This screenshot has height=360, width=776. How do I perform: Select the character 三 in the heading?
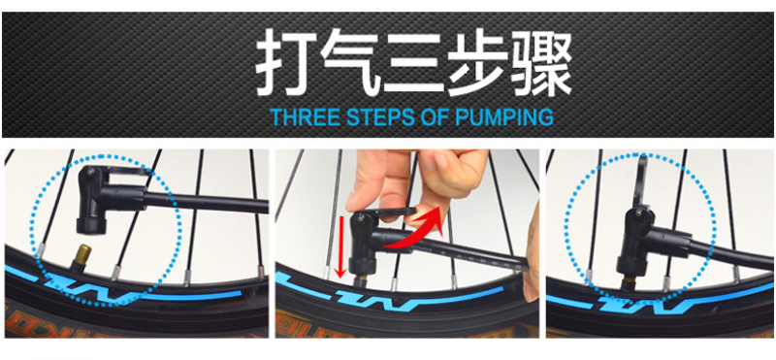[x=414, y=62]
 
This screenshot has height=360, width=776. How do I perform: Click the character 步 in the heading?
[x=477, y=61]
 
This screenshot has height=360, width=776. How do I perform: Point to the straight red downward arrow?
[x=339, y=246]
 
